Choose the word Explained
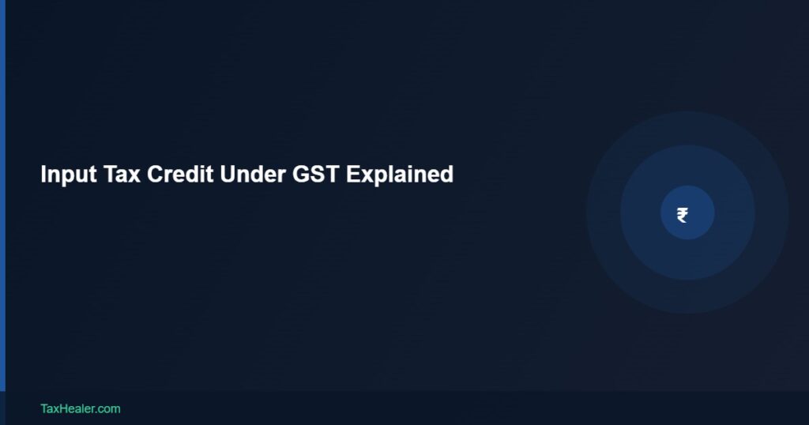[x=400, y=175]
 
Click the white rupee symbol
[x=683, y=214]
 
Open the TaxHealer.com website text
[x=80, y=408]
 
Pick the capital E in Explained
[x=352, y=174]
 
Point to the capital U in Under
[x=228, y=174]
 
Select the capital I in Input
[x=43, y=174]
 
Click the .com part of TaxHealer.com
[x=107, y=408]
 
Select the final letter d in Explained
[x=447, y=174]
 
